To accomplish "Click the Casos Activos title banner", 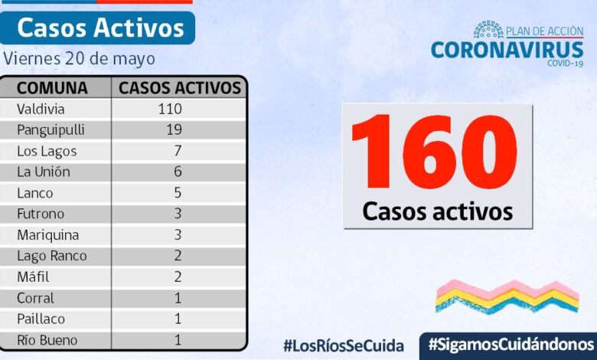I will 100,28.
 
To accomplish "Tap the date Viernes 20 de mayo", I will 79,59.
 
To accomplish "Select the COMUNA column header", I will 52,87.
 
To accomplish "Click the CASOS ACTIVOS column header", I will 180,87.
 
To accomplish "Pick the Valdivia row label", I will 42,109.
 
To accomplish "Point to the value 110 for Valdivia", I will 169,109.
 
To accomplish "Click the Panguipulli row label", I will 51,130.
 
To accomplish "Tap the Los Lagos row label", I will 47,151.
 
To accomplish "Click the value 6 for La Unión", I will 178,172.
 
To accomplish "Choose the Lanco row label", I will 36,193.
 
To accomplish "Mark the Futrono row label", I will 41,214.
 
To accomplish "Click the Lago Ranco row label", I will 51,256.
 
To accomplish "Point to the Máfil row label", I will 35,277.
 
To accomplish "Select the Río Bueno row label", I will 47,340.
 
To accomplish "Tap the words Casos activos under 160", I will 437,211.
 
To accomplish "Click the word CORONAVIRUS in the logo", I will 507,51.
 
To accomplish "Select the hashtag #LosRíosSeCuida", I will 343,345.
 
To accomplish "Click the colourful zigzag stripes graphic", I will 507,296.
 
